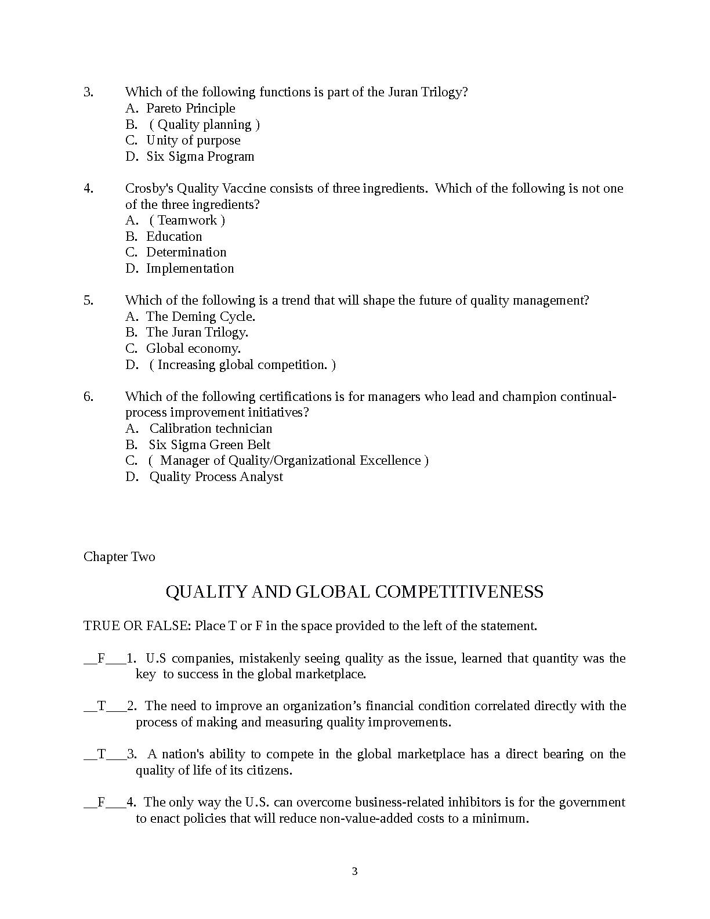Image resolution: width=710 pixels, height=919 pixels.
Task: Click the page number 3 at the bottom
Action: point(354,871)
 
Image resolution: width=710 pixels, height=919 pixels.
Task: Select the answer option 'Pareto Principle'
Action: point(190,108)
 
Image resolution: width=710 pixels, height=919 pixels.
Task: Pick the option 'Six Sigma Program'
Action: point(200,157)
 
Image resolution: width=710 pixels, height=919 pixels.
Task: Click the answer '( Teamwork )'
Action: point(187,220)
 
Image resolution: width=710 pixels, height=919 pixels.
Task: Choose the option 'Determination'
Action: point(186,252)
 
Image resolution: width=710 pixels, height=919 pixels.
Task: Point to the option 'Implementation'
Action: point(190,269)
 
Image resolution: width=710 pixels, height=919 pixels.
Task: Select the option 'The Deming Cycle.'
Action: point(201,317)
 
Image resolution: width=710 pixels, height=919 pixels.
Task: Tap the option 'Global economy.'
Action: point(193,349)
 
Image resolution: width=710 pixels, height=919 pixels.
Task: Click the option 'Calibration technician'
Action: point(211,429)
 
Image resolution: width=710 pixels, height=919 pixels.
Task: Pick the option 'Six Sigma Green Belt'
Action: point(209,445)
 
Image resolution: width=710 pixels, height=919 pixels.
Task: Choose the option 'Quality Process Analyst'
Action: point(216,477)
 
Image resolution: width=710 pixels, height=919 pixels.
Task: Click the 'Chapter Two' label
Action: point(119,557)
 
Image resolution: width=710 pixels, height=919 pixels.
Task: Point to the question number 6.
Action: point(88,397)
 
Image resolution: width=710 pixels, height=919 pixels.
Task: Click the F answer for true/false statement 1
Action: point(101,659)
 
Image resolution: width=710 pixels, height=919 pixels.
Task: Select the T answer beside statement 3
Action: point(102,754)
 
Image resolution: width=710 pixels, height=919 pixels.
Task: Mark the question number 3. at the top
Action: point(88,92)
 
